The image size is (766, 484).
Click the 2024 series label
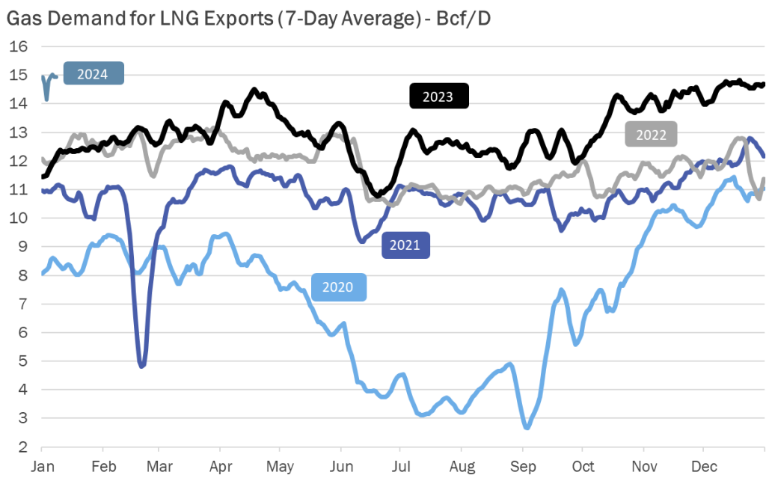click(x=93, y=74)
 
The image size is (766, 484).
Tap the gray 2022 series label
click(x=651, y=135)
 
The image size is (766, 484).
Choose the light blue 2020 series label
click(x=339, y=287)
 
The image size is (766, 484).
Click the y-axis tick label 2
click(x=22, y=447)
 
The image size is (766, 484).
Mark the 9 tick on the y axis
click(x=22, y=246)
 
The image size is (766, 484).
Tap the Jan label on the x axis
click(x=41, y=467)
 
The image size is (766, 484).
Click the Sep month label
click(x=522, y=467)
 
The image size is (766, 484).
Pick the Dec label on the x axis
click(x=702, y=467)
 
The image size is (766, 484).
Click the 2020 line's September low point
click(x=527, y=427)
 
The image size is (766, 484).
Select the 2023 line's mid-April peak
click(x=254, y=91)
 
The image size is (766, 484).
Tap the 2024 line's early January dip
click(x=46, y=98)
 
